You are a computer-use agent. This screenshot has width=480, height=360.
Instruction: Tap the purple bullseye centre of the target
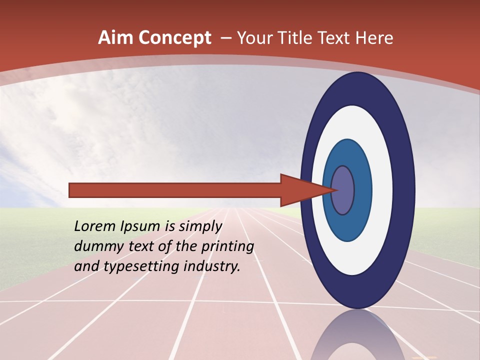tap(342, 190)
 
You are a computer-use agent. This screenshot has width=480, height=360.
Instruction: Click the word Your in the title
tap(255, 38)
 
